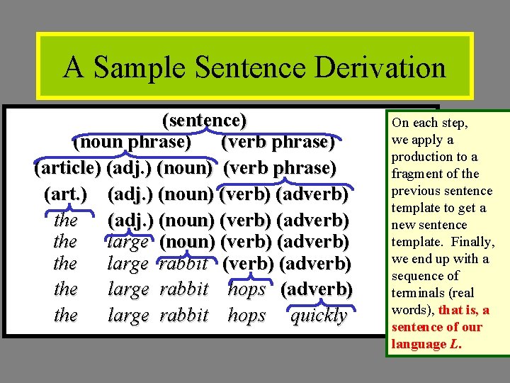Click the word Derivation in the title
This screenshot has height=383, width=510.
point(380,68)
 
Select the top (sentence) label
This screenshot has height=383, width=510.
point(205,120)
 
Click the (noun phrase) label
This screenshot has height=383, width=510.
point(132,143)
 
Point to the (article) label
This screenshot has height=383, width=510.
point(67,168)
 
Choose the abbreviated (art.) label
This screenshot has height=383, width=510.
point(67,194)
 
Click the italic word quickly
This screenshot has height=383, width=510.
point(319,316)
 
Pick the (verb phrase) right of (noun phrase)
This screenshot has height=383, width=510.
point(278,143)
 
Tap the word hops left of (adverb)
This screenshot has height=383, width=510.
point(246,289)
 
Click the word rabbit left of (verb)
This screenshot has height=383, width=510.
point(183,265)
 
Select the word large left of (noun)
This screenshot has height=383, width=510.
point(128,242)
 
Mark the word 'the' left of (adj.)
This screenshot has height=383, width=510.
point(66,221)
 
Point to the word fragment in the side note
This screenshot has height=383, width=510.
point(418,174)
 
